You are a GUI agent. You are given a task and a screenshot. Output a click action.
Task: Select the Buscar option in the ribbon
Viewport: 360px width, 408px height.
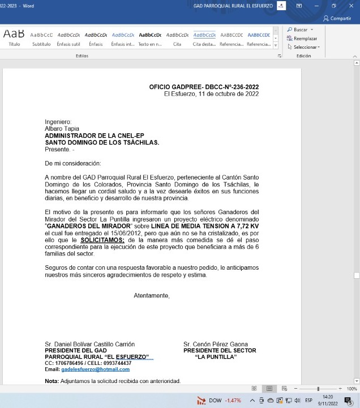tap(300, 29)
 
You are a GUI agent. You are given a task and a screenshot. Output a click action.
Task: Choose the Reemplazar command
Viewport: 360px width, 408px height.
tap(305, 39)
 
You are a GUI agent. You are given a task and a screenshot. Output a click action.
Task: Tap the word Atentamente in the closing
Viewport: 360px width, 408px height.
tap(151, 296)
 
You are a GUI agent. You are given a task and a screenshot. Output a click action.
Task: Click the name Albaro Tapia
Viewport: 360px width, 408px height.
tap(62, 129)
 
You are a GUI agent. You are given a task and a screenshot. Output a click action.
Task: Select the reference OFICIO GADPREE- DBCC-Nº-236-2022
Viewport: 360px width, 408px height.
tap(204, 87)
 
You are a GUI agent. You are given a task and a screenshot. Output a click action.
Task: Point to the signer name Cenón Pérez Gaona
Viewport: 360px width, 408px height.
tap(215, 344)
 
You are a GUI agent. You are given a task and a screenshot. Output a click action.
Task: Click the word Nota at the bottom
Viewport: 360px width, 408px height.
tap(52, 381)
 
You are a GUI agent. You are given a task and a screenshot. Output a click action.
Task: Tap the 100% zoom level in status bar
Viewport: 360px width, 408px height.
tap(352, 389)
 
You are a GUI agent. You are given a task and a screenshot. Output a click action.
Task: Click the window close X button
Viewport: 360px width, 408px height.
tap(350, 5)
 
